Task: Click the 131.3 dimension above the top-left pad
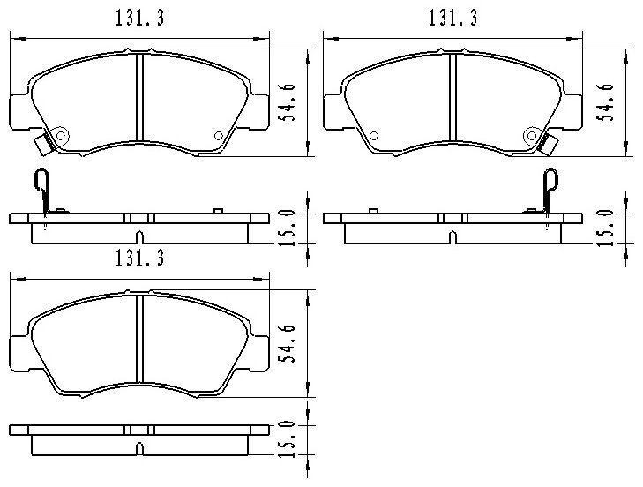(x=139, y=18)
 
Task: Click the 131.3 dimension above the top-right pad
(x=452, y=18)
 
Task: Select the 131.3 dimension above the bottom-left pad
(x=139, y=258)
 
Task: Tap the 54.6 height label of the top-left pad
(x=287, y=102)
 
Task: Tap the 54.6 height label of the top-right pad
(x=605, y=102)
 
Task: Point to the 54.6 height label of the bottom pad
(x=287, y=343)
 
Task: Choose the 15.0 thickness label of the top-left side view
(x=287, y=229)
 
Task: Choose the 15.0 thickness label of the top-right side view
(x=605, y=229)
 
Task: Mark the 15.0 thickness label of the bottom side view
(x=287, y=439)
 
